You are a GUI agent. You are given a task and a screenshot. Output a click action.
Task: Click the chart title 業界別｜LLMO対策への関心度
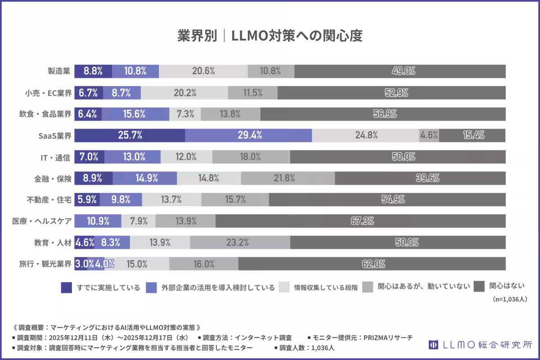[x=270, y=36]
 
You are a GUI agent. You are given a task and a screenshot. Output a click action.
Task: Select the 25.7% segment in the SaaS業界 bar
[x=130, y=135]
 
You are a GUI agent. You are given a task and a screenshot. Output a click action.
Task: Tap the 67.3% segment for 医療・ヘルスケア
[x=360, y=221]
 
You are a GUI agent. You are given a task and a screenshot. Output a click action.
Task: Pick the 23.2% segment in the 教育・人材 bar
[x=240, y=243]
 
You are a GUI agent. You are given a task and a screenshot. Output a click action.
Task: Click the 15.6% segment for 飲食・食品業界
[x=135, y=114]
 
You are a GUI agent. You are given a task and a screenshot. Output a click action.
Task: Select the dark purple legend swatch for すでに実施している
[x=66, y=287]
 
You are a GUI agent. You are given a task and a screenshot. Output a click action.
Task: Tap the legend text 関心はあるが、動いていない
[x=424, y=287]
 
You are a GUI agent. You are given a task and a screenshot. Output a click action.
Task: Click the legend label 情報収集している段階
[x=326, y=288]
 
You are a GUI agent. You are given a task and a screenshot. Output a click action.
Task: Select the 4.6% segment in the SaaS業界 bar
[x=429, y=135]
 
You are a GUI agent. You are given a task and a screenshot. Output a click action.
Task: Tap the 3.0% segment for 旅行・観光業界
[x=81, y=264]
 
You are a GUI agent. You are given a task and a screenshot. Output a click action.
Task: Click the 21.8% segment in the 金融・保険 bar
[x=288, y=178]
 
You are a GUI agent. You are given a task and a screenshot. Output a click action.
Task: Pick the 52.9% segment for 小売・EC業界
[x=391, y=93]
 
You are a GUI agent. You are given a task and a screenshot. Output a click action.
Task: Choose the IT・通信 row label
[x=56, y=157]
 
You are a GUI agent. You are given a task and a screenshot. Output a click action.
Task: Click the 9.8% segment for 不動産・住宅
[x=121, y=200]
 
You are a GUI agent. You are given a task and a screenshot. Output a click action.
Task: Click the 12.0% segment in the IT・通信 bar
[x=186, y=157]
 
